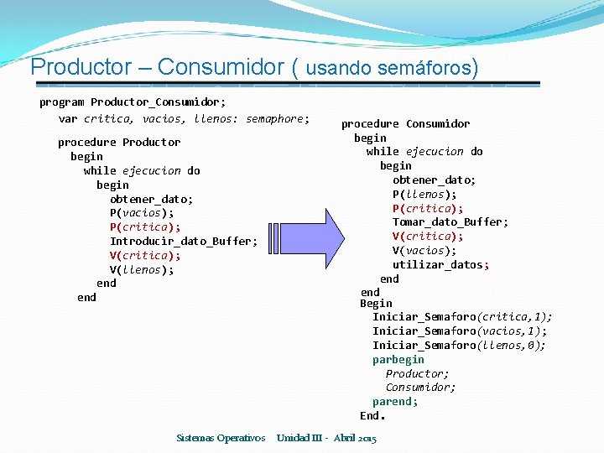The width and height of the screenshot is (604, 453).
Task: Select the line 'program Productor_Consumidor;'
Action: click(133, 102)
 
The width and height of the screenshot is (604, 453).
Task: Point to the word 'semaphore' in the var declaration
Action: click(277, 118)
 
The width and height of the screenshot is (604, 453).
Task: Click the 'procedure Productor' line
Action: click(119, 142)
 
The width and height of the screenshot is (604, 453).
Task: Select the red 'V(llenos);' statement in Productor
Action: click(142, 269)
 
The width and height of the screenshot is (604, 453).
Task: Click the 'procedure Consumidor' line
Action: click(405, 123)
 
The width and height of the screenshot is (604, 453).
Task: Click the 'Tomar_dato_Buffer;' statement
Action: click(450, 222)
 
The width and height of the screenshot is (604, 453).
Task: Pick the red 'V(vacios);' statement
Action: click(424, 250)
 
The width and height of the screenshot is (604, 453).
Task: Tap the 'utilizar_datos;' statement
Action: click(440, 264)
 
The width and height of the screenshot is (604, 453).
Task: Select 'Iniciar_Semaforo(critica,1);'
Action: click(462, 316)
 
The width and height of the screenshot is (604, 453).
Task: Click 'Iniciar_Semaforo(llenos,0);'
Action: click(459, 345)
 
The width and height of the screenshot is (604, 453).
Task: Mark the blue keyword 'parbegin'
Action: click(398, 359)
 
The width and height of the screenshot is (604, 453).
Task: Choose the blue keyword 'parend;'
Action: click(395, 401)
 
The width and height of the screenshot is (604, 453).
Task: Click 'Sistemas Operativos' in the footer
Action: click(221, 438)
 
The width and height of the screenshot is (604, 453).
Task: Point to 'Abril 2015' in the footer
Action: click(355, 438)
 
